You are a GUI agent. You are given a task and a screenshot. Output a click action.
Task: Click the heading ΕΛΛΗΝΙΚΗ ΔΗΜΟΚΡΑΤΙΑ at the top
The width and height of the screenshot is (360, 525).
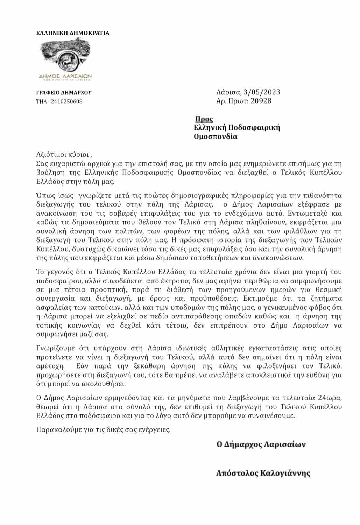73,33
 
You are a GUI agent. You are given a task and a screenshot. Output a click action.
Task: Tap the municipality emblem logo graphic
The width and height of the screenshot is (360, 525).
66,59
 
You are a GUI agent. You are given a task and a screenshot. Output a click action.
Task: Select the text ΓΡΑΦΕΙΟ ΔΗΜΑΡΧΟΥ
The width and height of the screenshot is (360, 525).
64,93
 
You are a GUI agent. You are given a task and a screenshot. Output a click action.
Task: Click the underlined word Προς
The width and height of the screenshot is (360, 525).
204,119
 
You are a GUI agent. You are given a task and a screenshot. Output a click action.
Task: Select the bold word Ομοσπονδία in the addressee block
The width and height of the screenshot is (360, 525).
216,136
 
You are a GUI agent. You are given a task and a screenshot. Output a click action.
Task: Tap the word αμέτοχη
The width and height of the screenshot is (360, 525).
50,366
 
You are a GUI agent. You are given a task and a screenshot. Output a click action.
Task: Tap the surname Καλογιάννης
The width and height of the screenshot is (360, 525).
285,474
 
